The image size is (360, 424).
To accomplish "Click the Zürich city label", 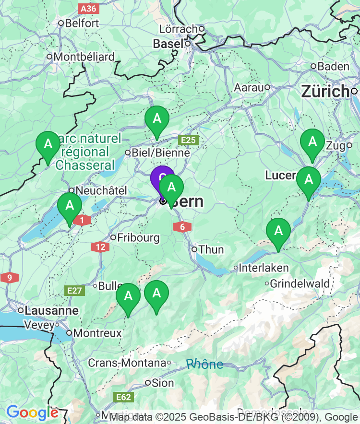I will tap(324, 91).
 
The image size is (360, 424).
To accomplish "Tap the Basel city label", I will tap(168, 44).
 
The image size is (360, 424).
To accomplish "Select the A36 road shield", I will tap(88, 8).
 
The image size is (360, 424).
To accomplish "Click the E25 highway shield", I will tap(188, 140).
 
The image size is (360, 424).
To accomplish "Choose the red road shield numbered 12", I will tap(100, 247).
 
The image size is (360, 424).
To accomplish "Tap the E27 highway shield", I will tap(75, 290).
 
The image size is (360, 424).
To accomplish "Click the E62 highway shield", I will tap(123, 397).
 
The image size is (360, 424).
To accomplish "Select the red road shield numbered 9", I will tap(9, 278).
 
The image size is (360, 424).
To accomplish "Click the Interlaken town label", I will tap(264, 268).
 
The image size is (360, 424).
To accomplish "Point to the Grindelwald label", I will tap(300, 283).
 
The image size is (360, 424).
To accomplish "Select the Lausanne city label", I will tap(51, 310).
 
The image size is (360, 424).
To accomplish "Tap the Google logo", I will tap(32, 412).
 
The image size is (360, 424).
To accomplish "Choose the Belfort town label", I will tap(82, 23).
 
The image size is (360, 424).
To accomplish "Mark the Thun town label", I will tap(211, 249).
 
